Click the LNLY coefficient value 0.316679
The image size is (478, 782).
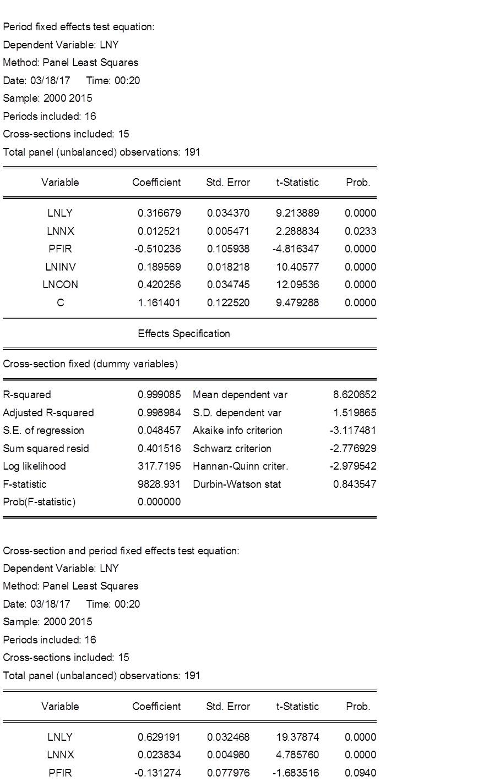coord(159,213)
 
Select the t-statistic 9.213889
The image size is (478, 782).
coord(297,213)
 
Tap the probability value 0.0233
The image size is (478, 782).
coord(360,231)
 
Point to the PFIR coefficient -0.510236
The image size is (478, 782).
coord(157,249)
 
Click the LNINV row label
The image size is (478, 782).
coord(61,267)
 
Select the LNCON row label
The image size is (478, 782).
coord(61,284)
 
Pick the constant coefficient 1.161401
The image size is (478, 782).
coord(159,302)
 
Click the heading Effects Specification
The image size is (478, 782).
coord(184,333)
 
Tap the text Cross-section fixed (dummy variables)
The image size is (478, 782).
coord(90,364)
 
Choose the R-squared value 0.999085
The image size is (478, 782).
coord(159,395)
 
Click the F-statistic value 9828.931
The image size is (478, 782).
coord(159,484)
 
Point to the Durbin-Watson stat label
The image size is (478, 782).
coord(237,484)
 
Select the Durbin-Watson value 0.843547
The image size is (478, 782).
coord(355,484)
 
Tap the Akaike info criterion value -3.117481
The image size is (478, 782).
coord(353,431)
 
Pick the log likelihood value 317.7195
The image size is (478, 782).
coord(159,466)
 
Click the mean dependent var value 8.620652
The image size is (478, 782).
coord(355,395)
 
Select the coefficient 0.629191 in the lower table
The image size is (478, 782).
coord(159,737)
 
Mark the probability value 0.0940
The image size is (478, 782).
coord(360,773)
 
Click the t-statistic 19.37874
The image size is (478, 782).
coord(297,737)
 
